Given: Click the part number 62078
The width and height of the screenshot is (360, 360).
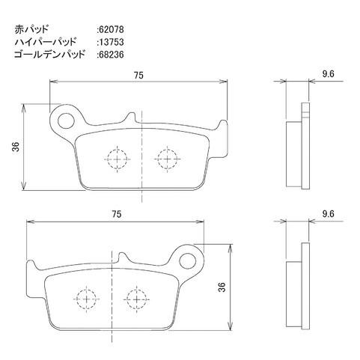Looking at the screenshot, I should (112, 31).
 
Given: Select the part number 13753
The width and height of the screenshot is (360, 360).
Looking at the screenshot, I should (112, 43).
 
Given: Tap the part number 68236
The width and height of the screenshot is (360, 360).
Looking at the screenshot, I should (112, 55).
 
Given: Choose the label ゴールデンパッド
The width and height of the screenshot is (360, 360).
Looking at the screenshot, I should (49, 55).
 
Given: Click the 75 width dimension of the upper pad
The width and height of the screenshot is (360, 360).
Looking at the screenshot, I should (139, 76).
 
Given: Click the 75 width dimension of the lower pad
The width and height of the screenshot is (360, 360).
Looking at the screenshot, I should (116, 214).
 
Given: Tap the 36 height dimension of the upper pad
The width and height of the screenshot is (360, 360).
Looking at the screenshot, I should (16, 147).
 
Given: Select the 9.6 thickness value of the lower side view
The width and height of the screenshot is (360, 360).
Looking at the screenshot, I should (326, 214).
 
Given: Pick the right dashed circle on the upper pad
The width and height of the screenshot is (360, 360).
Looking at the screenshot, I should (165, 158).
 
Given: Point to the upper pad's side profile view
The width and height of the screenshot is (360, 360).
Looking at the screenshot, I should (299, 147).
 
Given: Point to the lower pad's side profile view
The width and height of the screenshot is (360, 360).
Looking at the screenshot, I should (299, 287).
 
